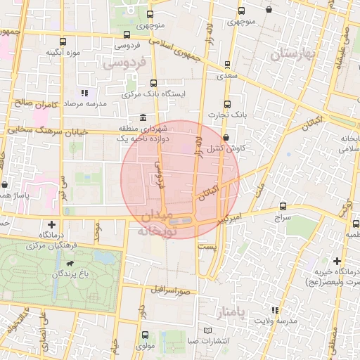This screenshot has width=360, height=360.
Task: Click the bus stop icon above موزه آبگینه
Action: point(63,41)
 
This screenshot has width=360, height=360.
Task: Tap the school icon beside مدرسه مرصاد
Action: point(84,93)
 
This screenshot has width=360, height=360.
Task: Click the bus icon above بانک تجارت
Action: point(226,103)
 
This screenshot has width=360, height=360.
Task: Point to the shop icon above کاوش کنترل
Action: point(225,138)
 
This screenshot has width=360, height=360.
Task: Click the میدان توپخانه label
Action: point(154,222)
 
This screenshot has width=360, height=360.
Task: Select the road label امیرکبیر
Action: point(231,219)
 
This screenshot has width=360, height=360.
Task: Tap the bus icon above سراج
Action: point(283,206)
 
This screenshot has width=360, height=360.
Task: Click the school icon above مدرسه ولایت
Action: point(275,310)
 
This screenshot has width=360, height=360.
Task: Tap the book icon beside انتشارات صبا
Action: point(207,330)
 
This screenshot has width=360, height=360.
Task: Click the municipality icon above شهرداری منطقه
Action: point(143,117)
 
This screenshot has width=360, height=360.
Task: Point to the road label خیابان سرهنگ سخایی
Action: point(43,130)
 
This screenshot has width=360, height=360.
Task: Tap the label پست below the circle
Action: point(206,247)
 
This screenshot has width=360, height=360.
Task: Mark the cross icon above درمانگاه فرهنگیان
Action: point(51,224)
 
